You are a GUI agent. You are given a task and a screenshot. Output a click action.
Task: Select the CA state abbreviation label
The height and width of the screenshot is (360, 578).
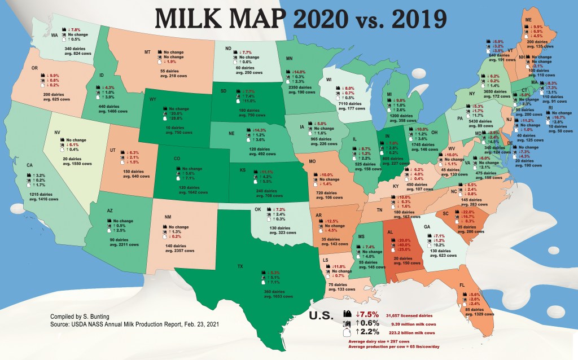point(28,166)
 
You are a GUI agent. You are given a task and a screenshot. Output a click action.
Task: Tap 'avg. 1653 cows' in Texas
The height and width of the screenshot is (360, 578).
point(265,296)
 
